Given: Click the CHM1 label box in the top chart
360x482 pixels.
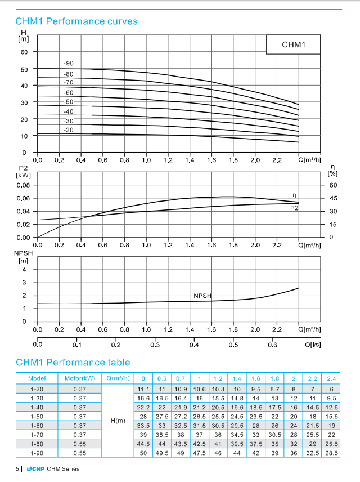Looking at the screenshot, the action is click(293, 44).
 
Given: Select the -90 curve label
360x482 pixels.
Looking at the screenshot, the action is click(68, 63).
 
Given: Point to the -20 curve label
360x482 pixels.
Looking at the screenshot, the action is click(68, 130).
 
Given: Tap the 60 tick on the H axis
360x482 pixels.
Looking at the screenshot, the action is click(24, 52).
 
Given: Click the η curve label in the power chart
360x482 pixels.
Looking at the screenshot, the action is click(294, 195).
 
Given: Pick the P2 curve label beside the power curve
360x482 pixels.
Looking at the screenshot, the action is click(294, 208).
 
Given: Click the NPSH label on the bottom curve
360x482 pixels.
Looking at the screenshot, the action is click(202, 296).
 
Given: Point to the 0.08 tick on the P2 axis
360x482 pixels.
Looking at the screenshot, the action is click(24, 185).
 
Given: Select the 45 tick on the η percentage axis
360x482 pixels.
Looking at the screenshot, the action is click(333, 198).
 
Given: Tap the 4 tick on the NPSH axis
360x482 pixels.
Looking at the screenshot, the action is click(24, 270).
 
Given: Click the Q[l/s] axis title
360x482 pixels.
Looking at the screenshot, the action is click(313, 345).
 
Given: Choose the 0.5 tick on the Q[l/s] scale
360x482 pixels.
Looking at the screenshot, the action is click(233, 345).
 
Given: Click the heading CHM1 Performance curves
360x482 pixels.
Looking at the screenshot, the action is click(76, 21).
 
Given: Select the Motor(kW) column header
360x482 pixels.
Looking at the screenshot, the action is click(80, 378).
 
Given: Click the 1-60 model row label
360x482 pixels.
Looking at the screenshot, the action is click(37, 426).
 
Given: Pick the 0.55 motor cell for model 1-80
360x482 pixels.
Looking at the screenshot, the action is click(80, 444).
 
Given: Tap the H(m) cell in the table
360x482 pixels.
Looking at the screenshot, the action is click(118, 421).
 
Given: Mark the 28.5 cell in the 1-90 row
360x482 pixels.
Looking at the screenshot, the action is click(331, 453).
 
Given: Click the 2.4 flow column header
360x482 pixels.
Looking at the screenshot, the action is click(331, 379).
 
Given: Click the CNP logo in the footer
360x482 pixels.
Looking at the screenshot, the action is click(35, 469).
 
